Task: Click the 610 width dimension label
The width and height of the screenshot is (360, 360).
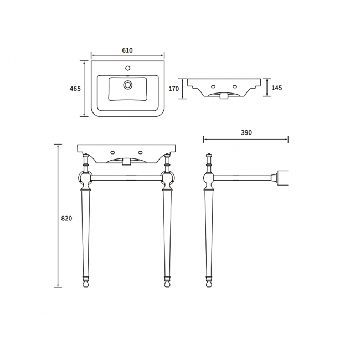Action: [x=127, y=50]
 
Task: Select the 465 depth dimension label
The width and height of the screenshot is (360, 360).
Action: [x=75, y=89]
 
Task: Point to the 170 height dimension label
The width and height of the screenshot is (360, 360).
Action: [x=174, y=89]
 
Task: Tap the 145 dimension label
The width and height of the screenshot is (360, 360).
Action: [x=277, y=88]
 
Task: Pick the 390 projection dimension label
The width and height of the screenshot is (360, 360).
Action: [x=246, y=133]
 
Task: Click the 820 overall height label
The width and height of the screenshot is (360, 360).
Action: [x=66, y=218]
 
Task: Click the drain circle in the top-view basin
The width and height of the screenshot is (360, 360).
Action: [x=128, y=85]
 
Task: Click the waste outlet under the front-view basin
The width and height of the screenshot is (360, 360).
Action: [x=126, y=162]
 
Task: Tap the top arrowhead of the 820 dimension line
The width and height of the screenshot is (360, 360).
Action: [x=58, y=146]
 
